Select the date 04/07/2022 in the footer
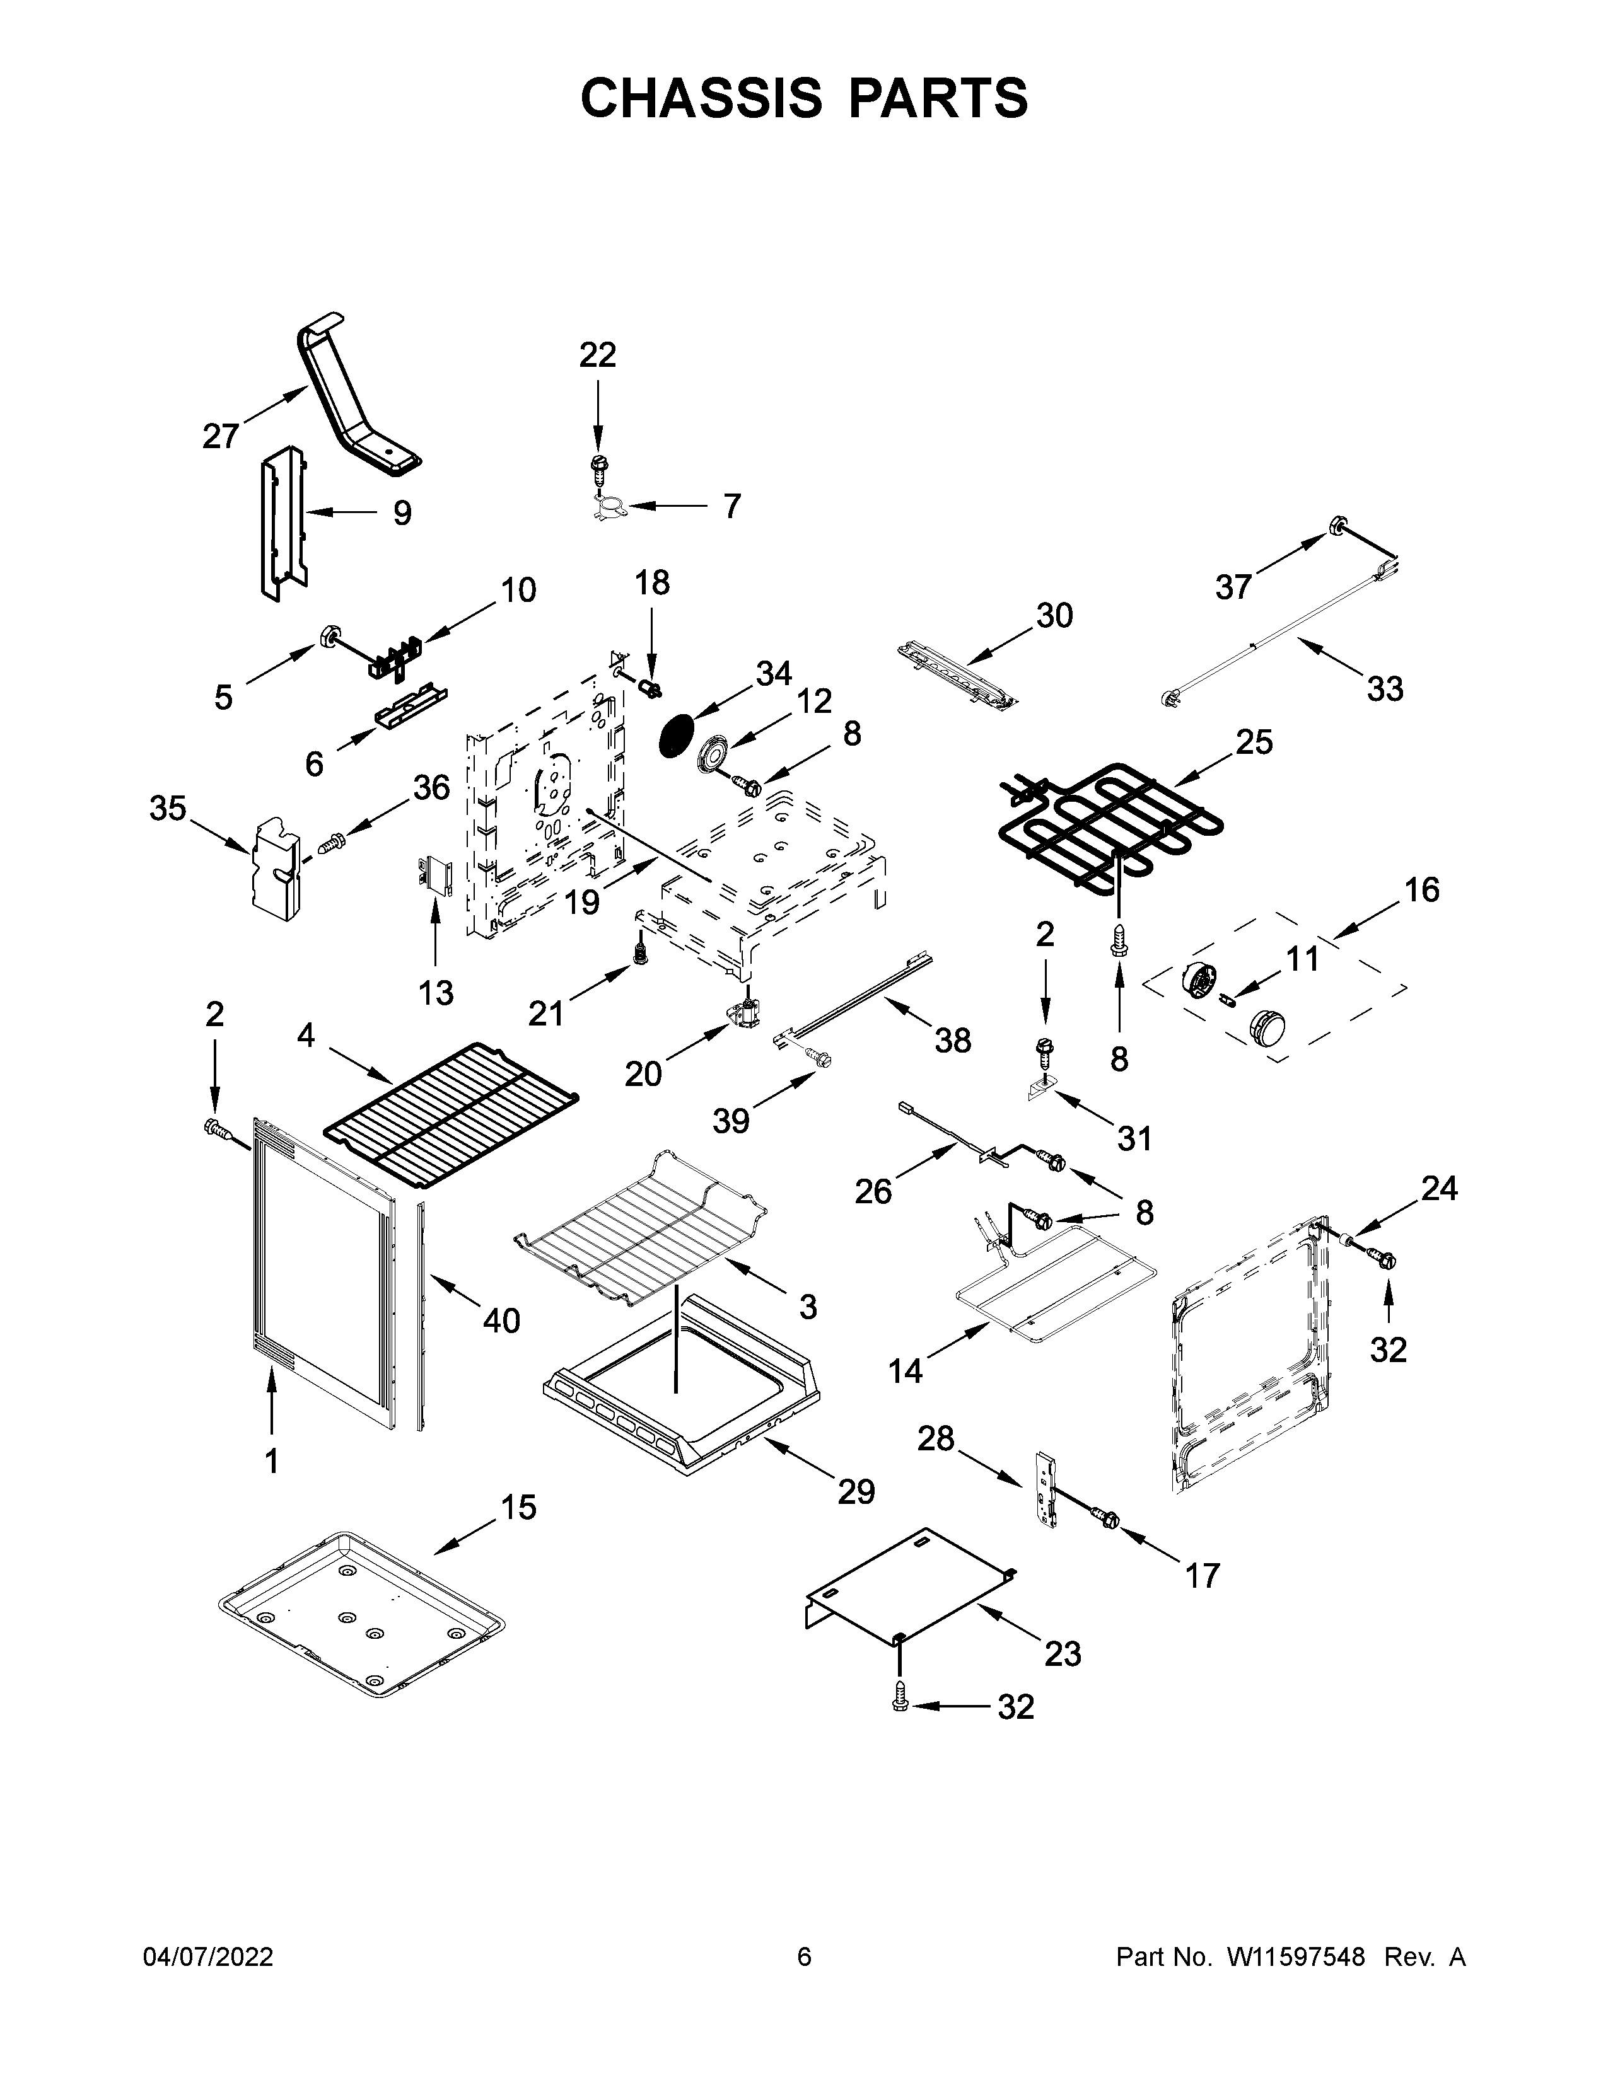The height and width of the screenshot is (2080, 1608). click(207, 1957)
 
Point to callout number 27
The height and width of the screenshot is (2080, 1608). click(221, 436)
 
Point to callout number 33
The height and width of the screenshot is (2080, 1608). click(1384, 688)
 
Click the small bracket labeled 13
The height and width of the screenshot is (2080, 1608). click(435, 874)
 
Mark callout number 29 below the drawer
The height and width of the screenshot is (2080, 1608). click(856, 1491)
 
